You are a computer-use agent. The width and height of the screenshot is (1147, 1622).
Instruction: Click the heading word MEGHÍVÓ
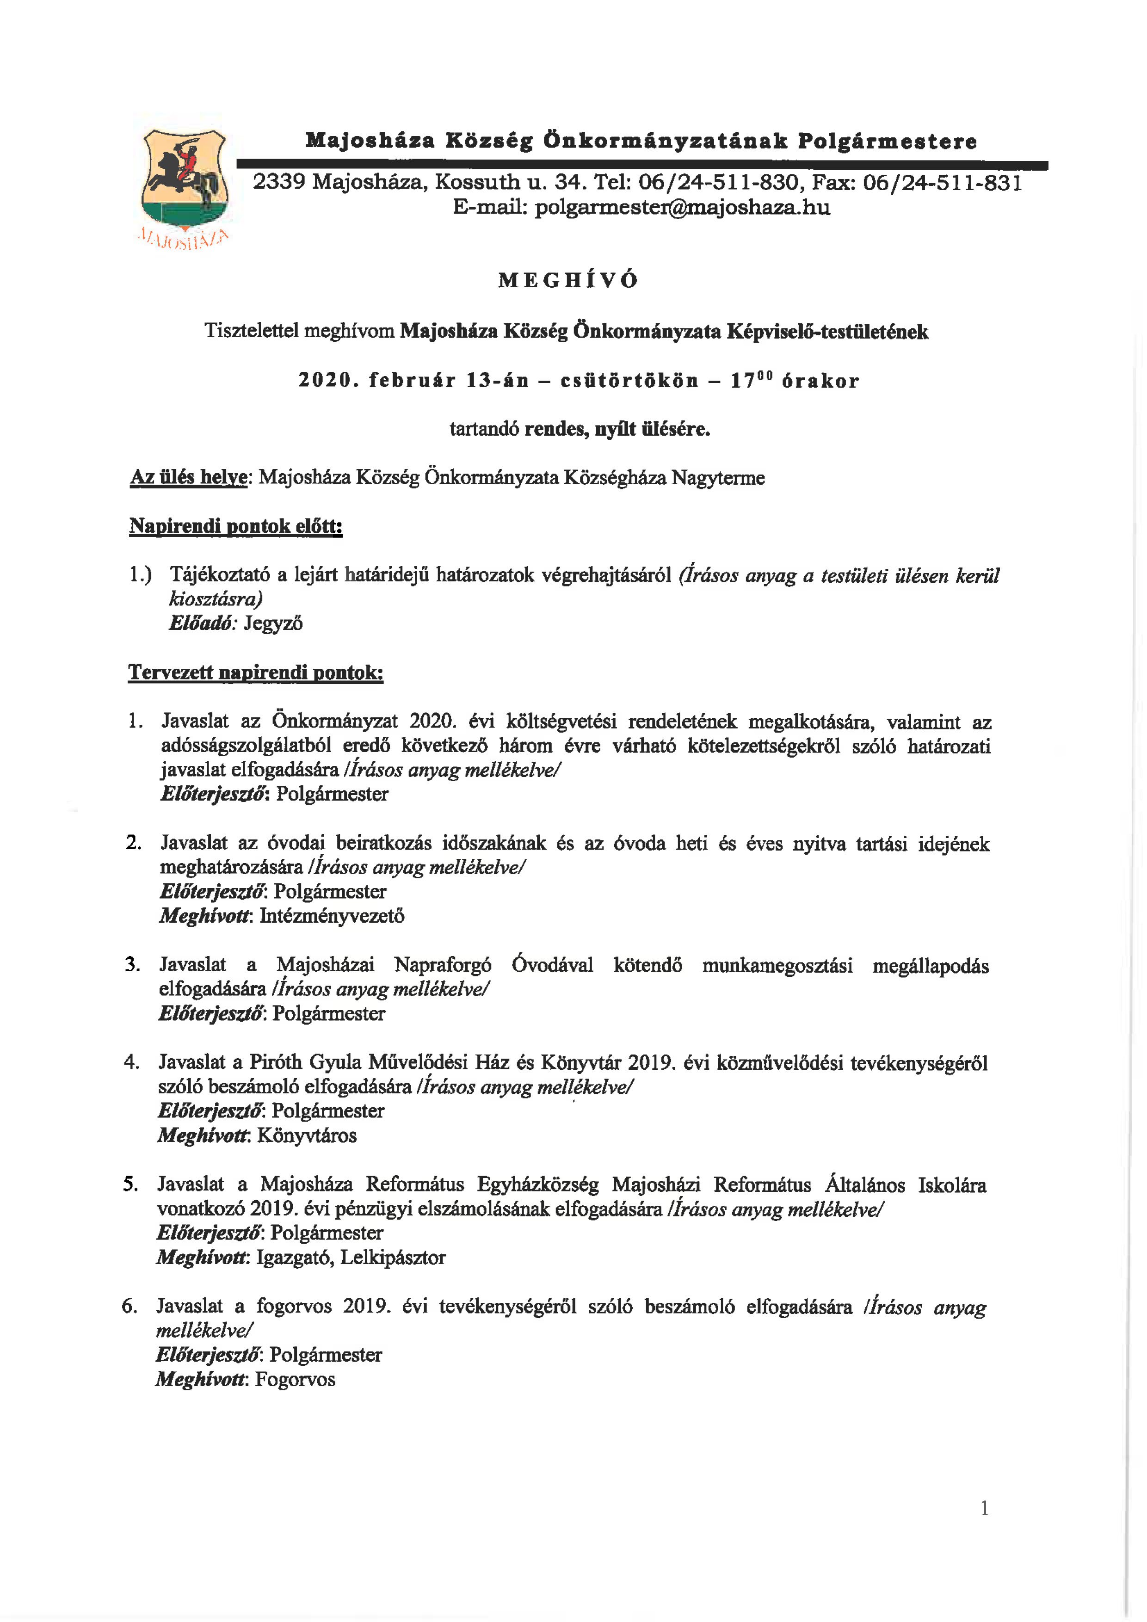[568, 280]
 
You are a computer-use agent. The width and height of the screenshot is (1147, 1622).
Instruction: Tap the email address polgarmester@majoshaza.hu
[682, 208]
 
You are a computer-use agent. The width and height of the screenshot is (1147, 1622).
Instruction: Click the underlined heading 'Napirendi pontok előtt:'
[235, 526]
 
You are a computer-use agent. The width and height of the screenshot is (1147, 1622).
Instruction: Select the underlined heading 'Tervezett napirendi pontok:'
[256, 672]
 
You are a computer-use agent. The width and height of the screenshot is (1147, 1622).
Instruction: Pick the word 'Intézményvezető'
[332, 916]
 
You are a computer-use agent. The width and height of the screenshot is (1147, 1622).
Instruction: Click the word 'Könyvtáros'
[307, 1135]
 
